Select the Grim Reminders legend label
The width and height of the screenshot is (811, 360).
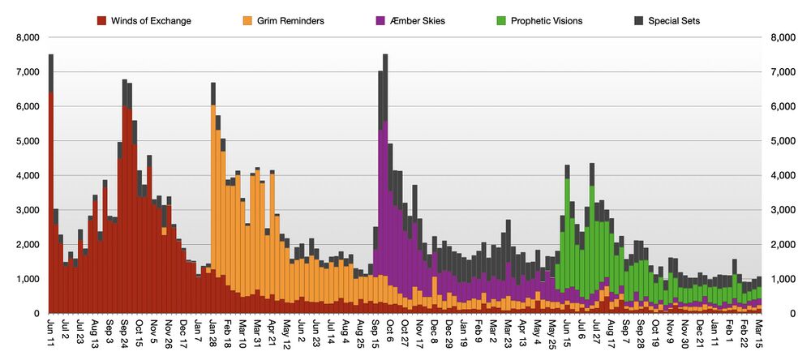pyautogui.click(x=290, y=20)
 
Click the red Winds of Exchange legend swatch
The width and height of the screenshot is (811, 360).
pyautogui.click(x=102, y=20)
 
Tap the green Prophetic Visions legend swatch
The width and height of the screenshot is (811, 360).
pyautogui.click(x=503, y=20)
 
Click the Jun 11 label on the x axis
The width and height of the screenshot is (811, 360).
pyautogui.click(x=51, y=334)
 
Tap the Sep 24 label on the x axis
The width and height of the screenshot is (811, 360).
pyautogui.click(x=125, y=334)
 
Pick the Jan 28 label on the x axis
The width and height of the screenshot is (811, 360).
pyautogui.click(x=213, y=334)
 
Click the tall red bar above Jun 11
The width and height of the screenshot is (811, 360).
pyautogui.click(x=51, y=203)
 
